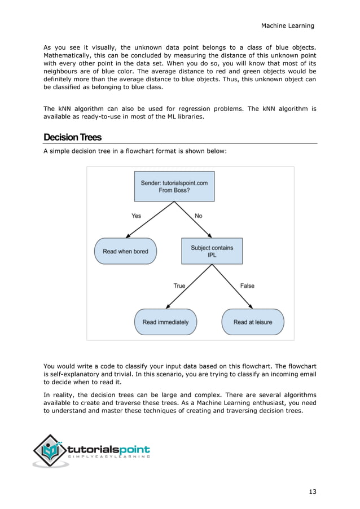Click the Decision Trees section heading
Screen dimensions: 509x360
coord(72,138)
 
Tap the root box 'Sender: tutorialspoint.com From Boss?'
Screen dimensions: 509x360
coord(174,186)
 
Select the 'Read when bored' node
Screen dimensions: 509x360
coord(125,251)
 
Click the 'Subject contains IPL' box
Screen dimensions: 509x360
coord(212,251)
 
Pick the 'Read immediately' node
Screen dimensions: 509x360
coord(165,322)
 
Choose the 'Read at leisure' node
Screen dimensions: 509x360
coord(253,322)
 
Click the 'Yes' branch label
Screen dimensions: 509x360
coord(137,216)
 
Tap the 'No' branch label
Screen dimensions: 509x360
coord(198,216)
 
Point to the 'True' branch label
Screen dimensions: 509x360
coord(179,286)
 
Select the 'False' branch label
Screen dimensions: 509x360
coord(247,286)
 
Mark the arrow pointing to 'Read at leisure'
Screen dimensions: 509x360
coord(234,288)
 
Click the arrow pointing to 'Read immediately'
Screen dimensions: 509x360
coord(189,288)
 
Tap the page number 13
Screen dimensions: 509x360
coord(312,492)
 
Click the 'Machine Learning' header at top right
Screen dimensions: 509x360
coord(287,26)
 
